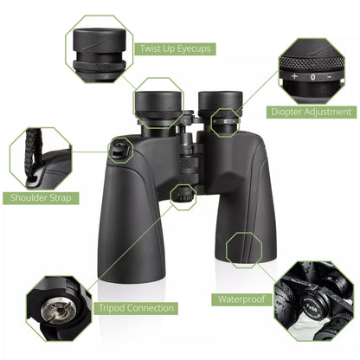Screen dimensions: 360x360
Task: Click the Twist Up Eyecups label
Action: coord(176,48)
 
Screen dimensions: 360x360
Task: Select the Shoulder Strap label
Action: coord(41,197)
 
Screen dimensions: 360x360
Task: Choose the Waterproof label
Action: coord(240,300)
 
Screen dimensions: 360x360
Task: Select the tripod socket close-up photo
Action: coord(58,307)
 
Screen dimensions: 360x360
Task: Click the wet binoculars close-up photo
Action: coord(313,300)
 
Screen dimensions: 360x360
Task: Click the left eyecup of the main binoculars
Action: coord(157,103)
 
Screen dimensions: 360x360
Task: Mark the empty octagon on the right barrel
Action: coord(243,248)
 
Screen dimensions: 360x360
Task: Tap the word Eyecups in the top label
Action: coord(192,48)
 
